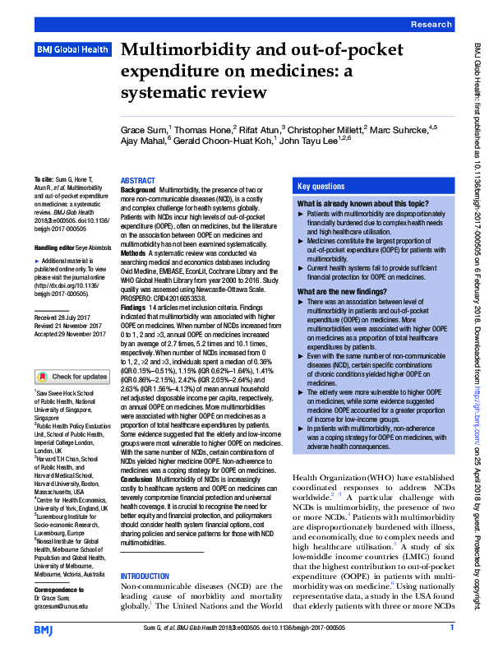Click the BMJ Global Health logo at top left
point(72,50)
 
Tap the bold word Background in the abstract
point(138,190)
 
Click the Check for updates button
point(72,377)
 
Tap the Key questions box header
point(321,187)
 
